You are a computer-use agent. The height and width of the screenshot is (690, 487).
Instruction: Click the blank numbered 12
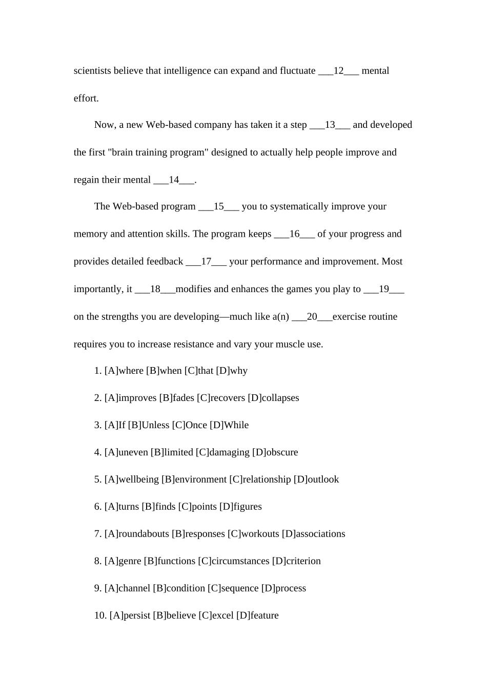pos(338,71)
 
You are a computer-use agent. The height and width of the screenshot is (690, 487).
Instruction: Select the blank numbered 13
pos(330,125)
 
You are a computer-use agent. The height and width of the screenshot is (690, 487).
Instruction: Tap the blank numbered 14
pos(174,180)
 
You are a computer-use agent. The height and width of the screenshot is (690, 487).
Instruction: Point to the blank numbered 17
pos(206,261)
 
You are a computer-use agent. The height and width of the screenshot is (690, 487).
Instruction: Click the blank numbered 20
pos(312,317)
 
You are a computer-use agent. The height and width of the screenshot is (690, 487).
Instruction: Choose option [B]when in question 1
pos(164,371)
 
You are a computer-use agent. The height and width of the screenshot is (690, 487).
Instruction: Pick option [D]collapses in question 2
pos(273,398)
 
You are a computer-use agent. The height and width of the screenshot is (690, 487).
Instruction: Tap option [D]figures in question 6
pos(240,507)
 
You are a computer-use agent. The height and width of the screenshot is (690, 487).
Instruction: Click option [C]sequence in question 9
pos(233,588)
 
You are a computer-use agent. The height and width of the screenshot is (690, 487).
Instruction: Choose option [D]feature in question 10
pos(257,616)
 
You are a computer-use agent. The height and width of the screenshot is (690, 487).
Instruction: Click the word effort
pos(86,98)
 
